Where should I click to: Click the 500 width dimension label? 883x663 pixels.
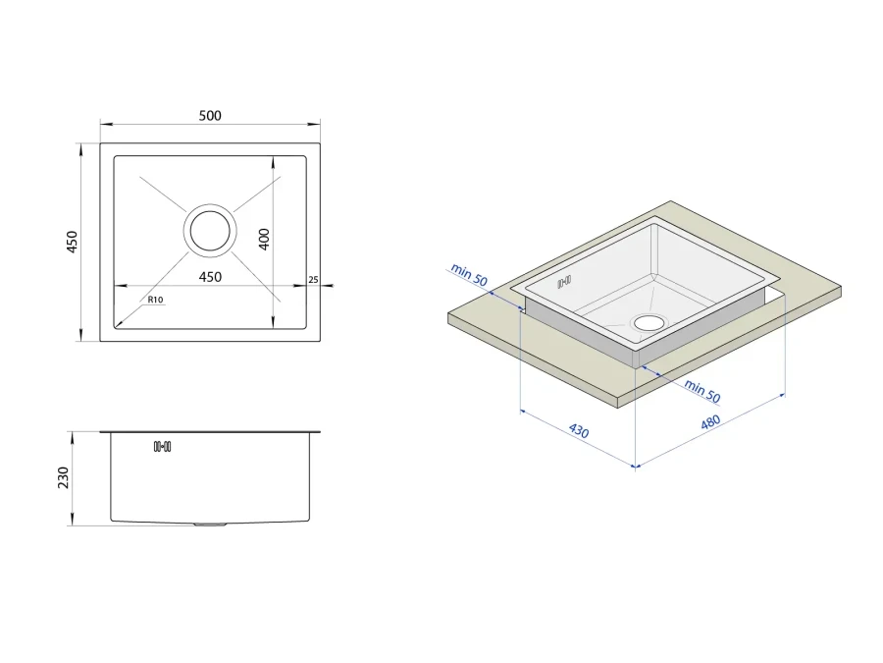[x=210, y=116]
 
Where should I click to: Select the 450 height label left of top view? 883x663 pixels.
[x=72, y=242]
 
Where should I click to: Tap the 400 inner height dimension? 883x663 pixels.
[x=264, y=239]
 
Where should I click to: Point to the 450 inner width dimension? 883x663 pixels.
[x=210, y=277]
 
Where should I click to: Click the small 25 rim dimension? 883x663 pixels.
[x=314, y=280]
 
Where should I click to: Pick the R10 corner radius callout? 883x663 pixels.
[x=155, y=300]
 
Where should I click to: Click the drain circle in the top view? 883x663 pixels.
[x=210, y=231]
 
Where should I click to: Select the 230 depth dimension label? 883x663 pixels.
[x=63, y=477]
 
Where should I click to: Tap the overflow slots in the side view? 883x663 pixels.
[x=162, y=447]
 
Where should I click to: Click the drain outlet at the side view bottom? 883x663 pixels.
[x=210, y=525]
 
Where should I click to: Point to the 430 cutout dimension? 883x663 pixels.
[x=578, y=431]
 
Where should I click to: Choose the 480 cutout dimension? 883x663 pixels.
[x=710, y=421]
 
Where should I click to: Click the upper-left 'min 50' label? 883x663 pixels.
[x=469, y=275]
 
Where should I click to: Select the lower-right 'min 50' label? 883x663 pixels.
[x=702, y=391]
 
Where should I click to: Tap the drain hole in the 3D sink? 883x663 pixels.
[x=649, y=323]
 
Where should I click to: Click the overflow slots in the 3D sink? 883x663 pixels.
[x=564, y=281]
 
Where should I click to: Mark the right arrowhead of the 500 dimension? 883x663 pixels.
[x=317, y=124]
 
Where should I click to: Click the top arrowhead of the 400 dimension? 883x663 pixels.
[x=273, y=161]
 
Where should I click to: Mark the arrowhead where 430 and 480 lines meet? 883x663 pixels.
[x=635, y=466]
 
